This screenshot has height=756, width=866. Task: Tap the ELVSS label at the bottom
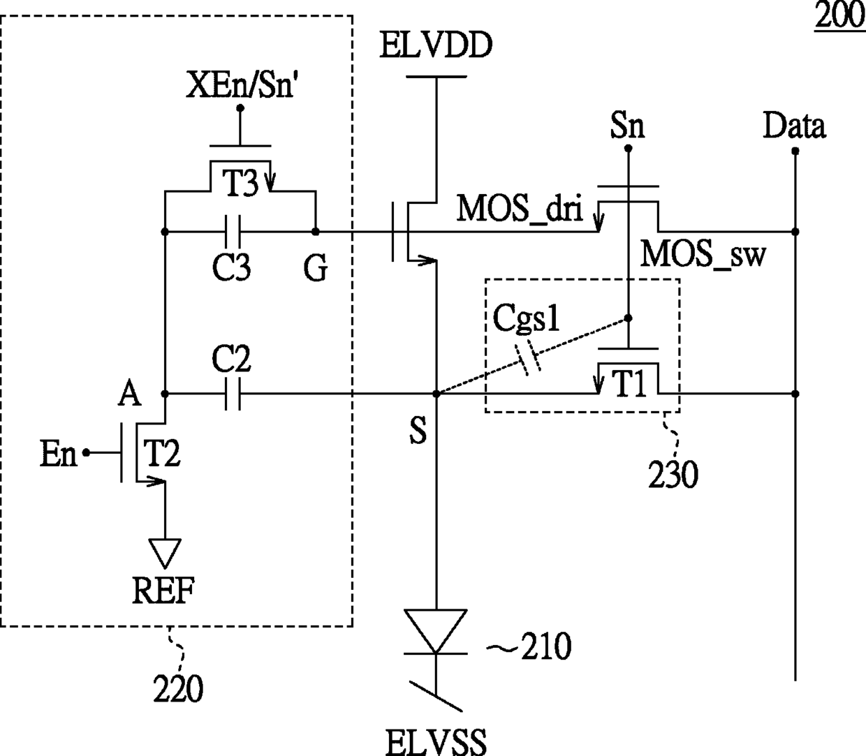tap(436, 741)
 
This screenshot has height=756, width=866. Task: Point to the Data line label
tap(795, 126)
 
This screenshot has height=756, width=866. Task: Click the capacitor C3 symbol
tap(233, 232)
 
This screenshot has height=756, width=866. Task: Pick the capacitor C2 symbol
tap(233, 394)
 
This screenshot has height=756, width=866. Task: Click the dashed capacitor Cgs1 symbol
tap(528, 360)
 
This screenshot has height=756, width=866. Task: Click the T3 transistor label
tap(240, 184)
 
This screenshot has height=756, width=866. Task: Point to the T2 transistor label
tap(162, 454)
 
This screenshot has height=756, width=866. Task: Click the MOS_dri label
tap(520, 209)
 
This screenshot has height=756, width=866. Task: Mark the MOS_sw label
tap(703, 254)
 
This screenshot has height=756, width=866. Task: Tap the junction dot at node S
tap(436, 394)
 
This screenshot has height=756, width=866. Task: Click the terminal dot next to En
tap(86, 453)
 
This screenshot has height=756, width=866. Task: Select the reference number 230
tap(673, 475)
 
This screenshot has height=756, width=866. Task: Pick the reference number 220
tap(178, 689)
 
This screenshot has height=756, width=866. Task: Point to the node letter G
tap(316, 268)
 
